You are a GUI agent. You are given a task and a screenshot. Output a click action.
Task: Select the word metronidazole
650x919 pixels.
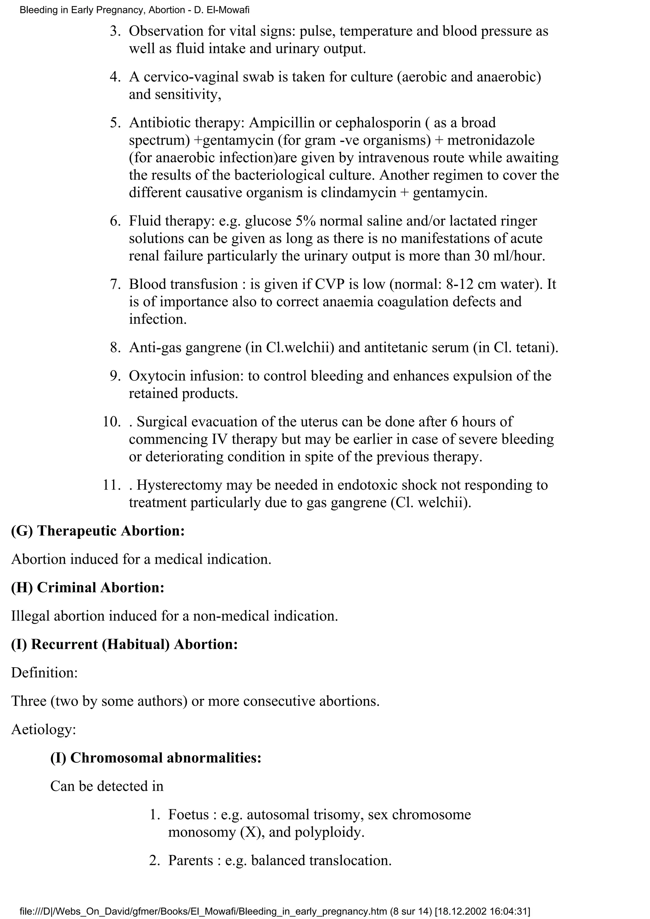pyautogui.click(x=491, y=140)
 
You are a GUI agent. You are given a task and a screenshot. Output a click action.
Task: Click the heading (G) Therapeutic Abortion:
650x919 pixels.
pyautogui.click(x=98, y=531)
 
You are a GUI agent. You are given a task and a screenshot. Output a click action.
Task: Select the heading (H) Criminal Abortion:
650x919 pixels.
pyautogui.click(x=88, y=587)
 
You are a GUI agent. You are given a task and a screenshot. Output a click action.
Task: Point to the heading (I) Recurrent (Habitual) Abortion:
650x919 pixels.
pyautogui.click(x=124, y=644)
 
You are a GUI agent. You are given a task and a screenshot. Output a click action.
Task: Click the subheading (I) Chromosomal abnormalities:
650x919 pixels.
pyautogui.click(x=156, y=758)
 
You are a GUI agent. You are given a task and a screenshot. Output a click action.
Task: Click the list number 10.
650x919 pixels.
pyautogui.click(x=111, y=422)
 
